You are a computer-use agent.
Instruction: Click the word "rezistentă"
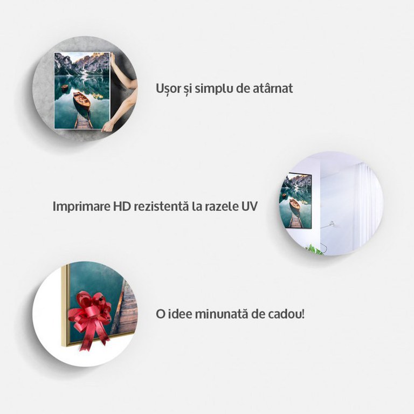(x=161, y=206)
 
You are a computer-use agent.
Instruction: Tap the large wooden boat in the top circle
(x=82, y=101)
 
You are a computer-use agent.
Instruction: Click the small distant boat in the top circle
(x=65, y=87)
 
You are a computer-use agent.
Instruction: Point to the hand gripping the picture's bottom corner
(x=108, y=127)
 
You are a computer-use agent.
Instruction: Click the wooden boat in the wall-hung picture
(x=295, y=204)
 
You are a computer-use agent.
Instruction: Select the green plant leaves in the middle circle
(x=314, y=250)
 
